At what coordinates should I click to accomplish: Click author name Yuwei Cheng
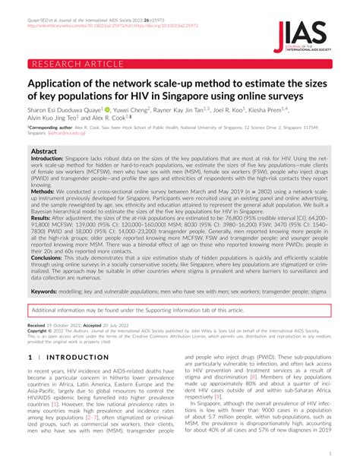click(x=156, y=109)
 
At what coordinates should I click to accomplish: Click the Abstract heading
click(x=43, y=152)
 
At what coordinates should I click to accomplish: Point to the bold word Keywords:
click(x=46, y=291)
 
